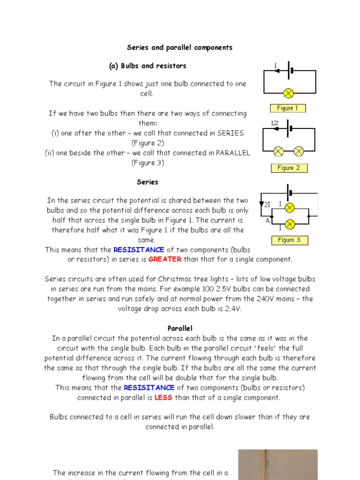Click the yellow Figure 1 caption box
[x=287, y=108]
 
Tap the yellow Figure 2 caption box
[x=289, y=168]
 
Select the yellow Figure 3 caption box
[x=289, y=240]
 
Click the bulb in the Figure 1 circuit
[x=289, y=93]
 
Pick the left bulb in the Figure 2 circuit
[x=278, y=151]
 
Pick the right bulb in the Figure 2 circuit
[x=299, y=151]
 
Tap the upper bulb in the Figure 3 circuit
[x=290, y=207]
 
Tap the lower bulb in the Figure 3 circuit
[x=290, y=224]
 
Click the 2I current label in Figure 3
[x=268, y=204]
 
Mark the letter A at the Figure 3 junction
[x=268, y=221]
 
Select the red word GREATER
[x=165, y=259]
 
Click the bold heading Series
[x=148, y=182]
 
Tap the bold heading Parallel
[x=180, y=329]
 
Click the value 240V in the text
[x=256, y=299]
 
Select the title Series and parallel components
[x=180, y=47]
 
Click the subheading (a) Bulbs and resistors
[x=148, y=66]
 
